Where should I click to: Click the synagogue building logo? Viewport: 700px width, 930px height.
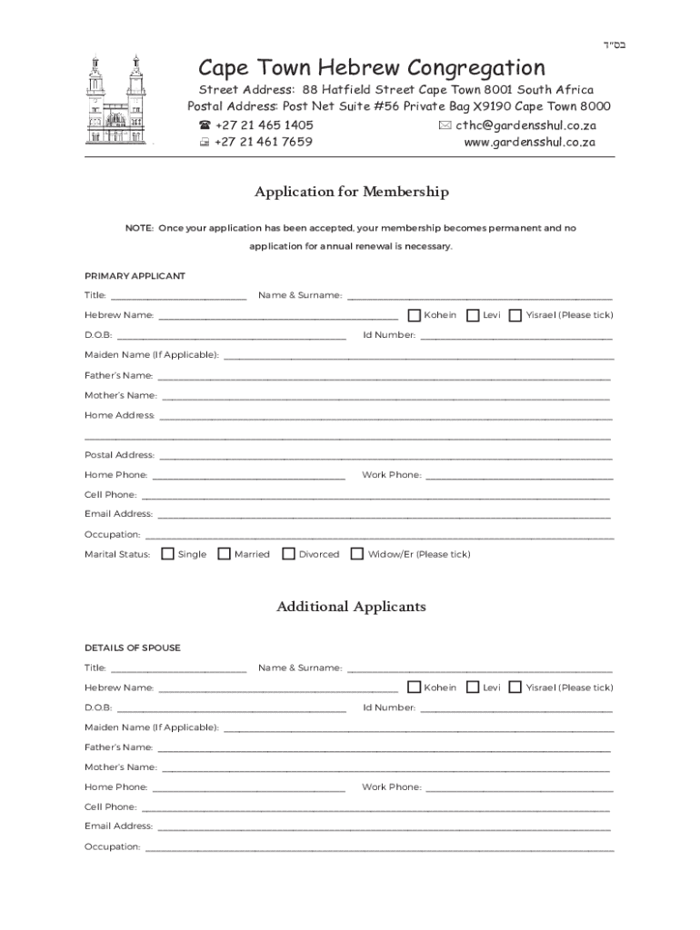point(116,102)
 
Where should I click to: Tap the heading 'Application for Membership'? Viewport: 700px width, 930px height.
point(351,193)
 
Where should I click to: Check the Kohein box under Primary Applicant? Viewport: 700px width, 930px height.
point(414,315)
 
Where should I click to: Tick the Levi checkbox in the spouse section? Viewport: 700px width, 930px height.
point(473,688)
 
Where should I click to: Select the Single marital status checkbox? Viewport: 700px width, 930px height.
point(167,553)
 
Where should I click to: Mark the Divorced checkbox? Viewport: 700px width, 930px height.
point(288,553)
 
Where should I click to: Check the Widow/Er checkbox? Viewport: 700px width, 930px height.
point(357,553)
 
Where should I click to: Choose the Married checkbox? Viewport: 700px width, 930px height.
point(224,553)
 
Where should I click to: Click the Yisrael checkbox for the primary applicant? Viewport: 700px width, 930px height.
point(515,315)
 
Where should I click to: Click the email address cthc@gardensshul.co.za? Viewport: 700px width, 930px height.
point(525,125)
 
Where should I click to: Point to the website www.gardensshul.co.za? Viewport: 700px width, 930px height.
point(529,143)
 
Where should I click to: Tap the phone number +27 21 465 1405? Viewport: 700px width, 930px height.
point(264,125)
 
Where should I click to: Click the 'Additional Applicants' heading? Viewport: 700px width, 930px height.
point(351,607)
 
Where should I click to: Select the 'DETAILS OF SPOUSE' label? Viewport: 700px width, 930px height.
point(133,648)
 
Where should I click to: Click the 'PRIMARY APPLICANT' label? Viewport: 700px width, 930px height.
point(135,275)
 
